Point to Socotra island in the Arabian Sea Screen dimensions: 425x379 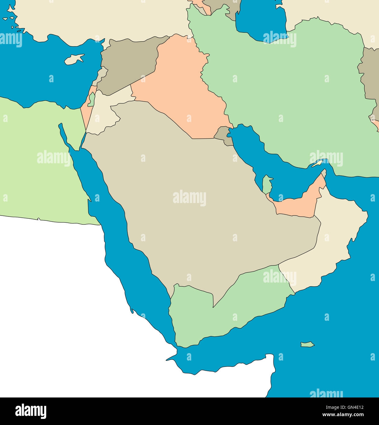[307, 344]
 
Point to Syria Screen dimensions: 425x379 [129, 64]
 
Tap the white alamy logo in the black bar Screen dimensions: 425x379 [31, 411]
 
